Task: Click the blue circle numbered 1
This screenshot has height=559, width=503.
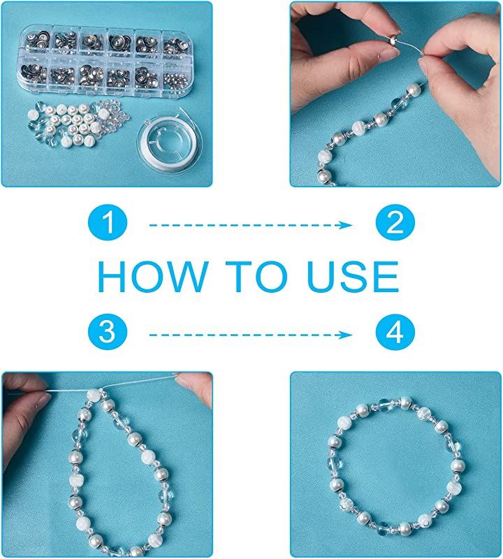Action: point(108,222)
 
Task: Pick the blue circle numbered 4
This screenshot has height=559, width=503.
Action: point(395,333)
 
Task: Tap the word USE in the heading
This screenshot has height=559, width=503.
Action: point(353,277)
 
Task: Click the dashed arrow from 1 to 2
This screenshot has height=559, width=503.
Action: point(251,225)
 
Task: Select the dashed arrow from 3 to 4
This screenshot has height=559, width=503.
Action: point(251,335)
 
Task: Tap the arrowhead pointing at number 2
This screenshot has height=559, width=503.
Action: point(346,225)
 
